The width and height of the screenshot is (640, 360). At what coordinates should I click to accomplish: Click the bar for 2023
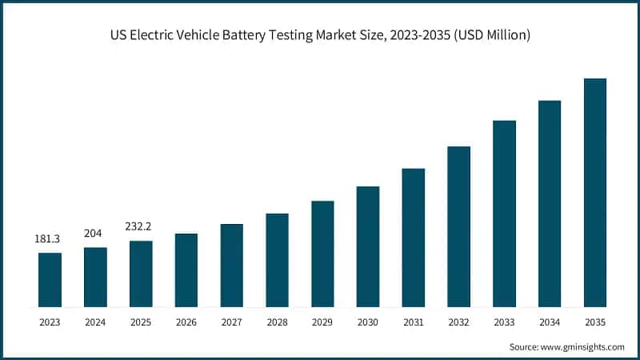tap(50, 279)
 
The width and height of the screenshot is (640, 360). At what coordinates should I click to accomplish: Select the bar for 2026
tap(186, 270)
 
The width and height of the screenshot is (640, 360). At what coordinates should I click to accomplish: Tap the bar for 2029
tap(322, 254)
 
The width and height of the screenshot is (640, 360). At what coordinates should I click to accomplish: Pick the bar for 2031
tap(413, 238)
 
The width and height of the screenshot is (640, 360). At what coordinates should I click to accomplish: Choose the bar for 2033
tap(504, 214)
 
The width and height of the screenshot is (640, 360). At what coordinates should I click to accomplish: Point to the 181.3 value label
tap(50, 239)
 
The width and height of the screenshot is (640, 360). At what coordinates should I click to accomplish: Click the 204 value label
tap(95, 234)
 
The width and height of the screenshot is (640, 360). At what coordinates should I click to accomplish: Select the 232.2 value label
tap(141, 226)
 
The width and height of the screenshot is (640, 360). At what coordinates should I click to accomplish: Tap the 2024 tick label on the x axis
tap(95, 322)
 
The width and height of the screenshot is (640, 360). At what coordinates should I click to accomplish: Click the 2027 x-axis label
tap(231, 322)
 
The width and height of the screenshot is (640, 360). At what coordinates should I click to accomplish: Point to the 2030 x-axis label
tap(368, 322)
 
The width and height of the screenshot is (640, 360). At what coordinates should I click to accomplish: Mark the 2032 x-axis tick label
tap(458, 322)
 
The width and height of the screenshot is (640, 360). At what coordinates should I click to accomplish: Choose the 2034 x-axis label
tap(550, 322)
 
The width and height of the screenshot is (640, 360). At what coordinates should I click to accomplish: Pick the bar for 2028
tap(277, 260)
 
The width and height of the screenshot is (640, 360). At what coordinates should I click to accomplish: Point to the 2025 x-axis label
tap(141, 322)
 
